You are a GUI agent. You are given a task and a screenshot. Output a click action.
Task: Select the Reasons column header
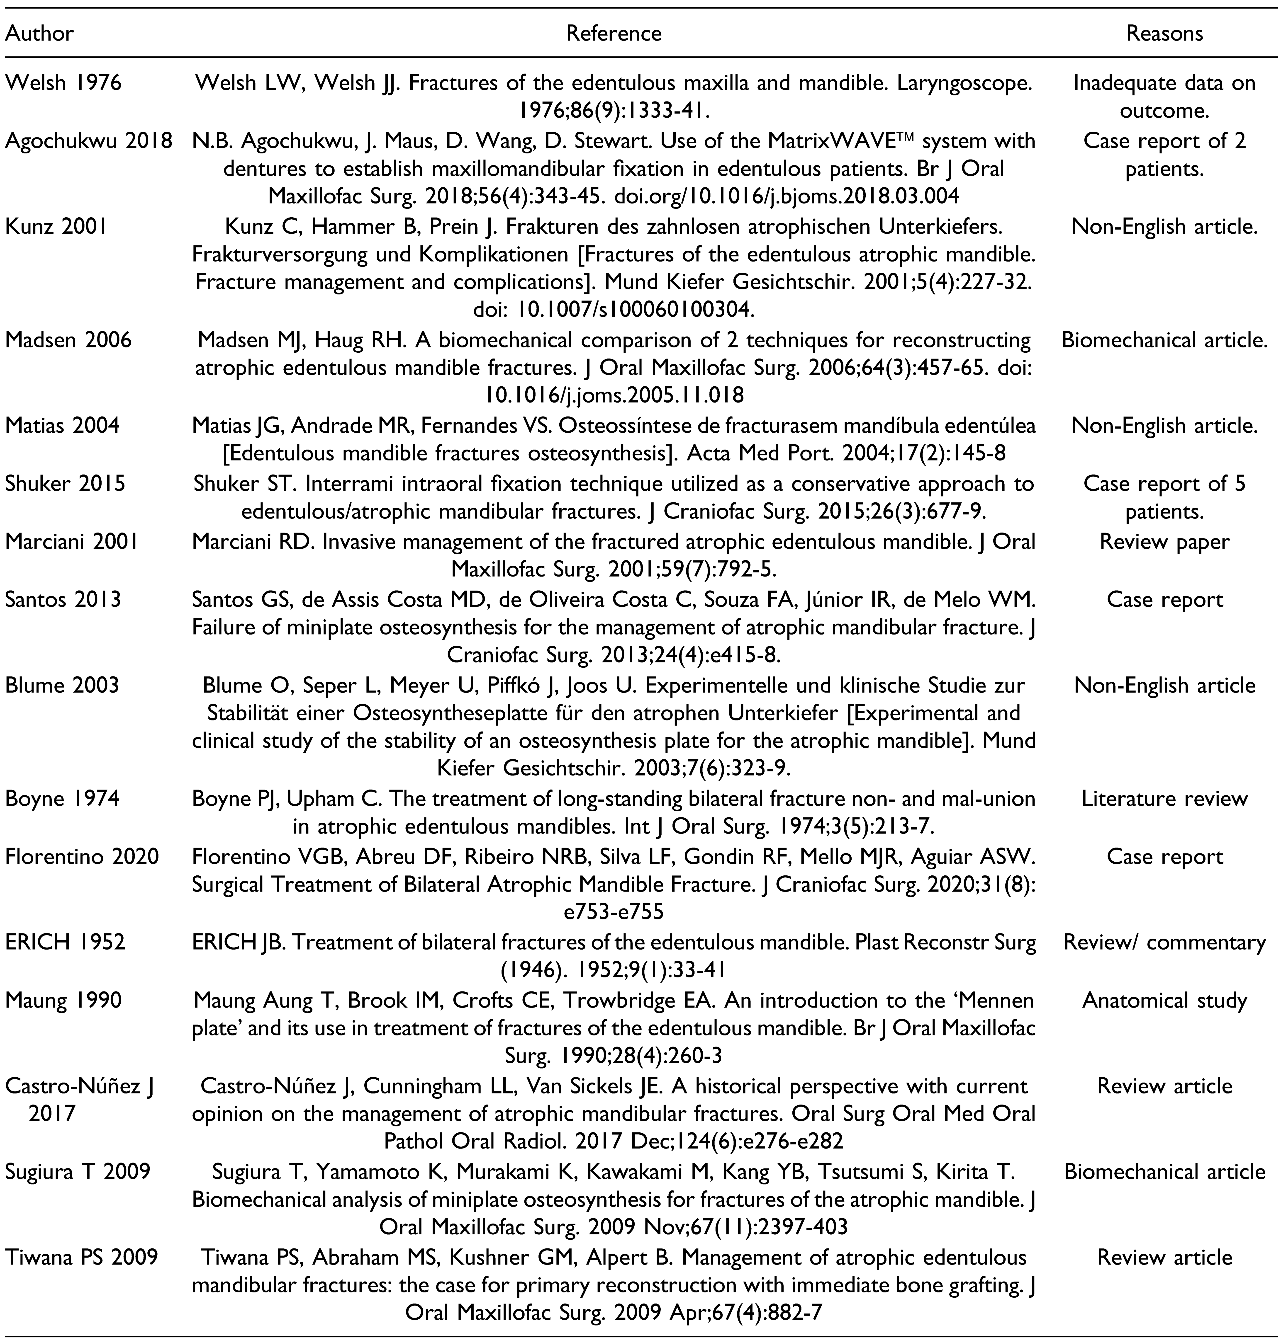(x=1164, y=33)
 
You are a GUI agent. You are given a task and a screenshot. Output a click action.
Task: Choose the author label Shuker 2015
(x=66, y=483)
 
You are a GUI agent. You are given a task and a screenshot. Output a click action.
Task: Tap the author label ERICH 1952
(x=66, y=942)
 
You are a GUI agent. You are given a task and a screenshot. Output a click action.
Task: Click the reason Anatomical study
(x=1164, y=1000)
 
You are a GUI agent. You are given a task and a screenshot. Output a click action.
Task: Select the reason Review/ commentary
(x=1164, y=942)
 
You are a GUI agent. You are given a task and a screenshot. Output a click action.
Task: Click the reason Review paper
(x=1164, y=541)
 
